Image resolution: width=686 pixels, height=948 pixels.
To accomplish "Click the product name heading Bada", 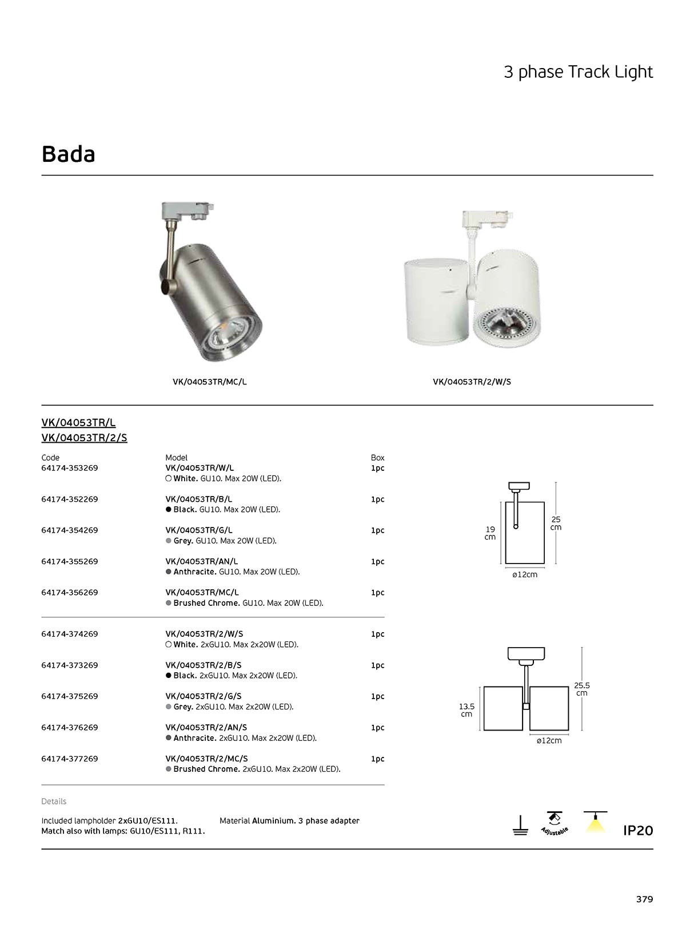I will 69,154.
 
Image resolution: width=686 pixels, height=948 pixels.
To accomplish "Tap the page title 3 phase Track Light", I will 578,72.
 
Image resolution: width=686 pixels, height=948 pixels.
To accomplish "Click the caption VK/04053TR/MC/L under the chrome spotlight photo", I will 209,382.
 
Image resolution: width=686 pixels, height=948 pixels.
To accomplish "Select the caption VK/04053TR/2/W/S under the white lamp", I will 472,382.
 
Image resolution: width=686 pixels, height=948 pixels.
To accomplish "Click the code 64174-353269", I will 70,468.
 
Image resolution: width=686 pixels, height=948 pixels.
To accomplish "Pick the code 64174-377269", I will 70,759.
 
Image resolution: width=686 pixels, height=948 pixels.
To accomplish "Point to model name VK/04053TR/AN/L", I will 201,561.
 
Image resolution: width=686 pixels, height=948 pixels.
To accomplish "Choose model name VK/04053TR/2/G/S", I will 204,696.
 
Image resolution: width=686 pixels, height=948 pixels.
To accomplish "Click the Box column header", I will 377,458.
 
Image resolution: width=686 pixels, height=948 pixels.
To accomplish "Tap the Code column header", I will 50,458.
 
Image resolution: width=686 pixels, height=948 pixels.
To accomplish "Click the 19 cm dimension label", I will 490,533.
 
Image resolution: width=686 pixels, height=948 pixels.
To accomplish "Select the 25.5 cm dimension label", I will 582,689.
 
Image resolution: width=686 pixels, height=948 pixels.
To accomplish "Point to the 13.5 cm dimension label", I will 466,710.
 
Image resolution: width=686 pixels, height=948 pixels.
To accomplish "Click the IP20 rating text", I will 637,830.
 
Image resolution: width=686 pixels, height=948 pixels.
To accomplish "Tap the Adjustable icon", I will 554,824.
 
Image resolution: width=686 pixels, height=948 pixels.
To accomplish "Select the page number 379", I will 644,899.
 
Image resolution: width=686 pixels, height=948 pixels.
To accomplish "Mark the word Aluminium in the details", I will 273,821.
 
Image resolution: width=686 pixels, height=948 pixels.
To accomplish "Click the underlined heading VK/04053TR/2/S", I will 84,438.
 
